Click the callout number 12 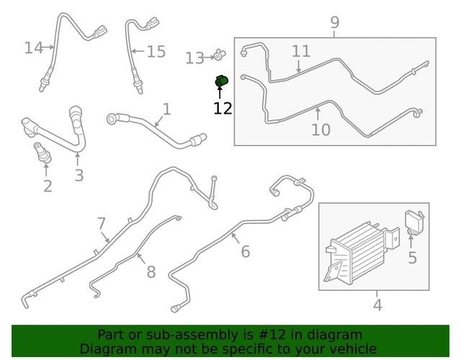(223, 109)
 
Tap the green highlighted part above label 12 (222, 81)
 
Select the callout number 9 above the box (335, 23)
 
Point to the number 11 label (301, 51)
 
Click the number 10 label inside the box (321, 130)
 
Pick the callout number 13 (194, 58)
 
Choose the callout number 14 (33, 48)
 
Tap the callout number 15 (156, 52)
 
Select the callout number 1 (167, 109)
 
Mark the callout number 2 (48, 187)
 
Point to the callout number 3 (79, 175)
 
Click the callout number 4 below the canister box (377, 305)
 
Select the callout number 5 (412, 258)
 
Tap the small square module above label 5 (413, 220)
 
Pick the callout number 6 (245, 251)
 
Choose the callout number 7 (102, 224)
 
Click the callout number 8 (151, 272)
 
